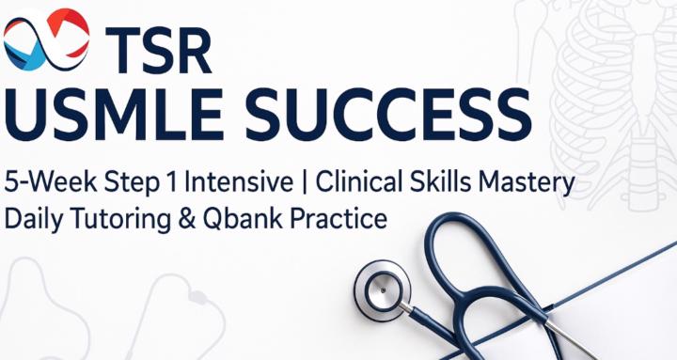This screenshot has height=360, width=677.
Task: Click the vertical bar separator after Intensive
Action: (x=295, y=181)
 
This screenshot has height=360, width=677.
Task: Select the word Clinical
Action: (x=353, y=180)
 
